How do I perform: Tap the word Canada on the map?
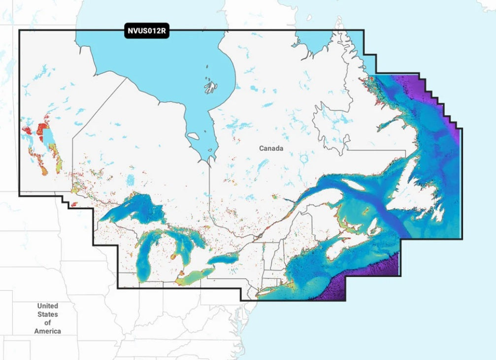pos(271,148)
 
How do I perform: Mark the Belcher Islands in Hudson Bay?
pos(211,87)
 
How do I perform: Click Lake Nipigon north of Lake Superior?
pos(130,181)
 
